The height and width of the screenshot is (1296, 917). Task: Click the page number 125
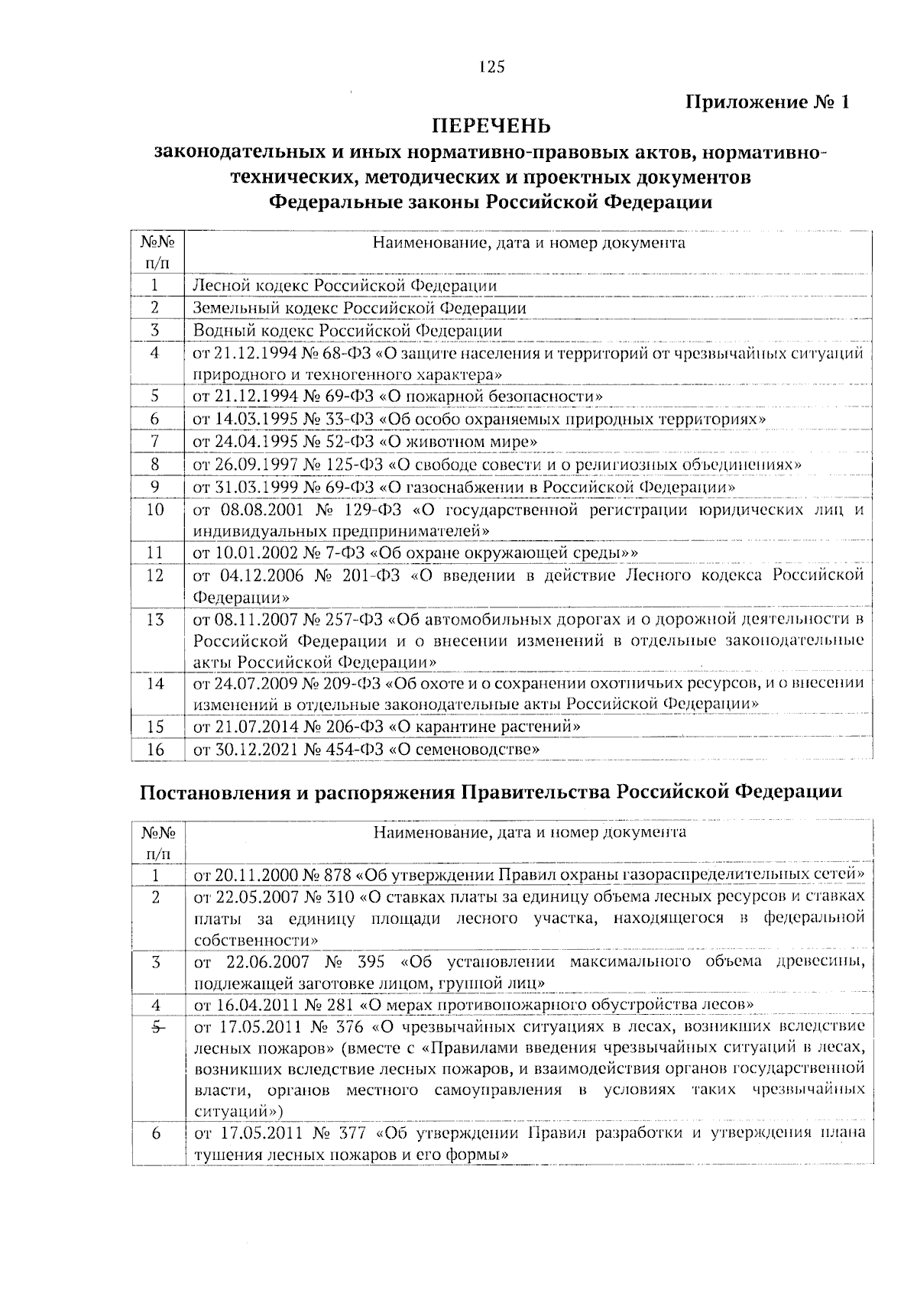492,67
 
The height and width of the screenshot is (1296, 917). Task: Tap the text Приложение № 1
766,102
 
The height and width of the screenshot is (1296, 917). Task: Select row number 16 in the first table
155,750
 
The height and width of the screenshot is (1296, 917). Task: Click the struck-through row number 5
155,1027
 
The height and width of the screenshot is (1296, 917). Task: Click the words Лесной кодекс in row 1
238,286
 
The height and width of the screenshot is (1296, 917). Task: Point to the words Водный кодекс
239,331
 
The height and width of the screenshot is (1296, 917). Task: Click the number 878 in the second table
336,874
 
